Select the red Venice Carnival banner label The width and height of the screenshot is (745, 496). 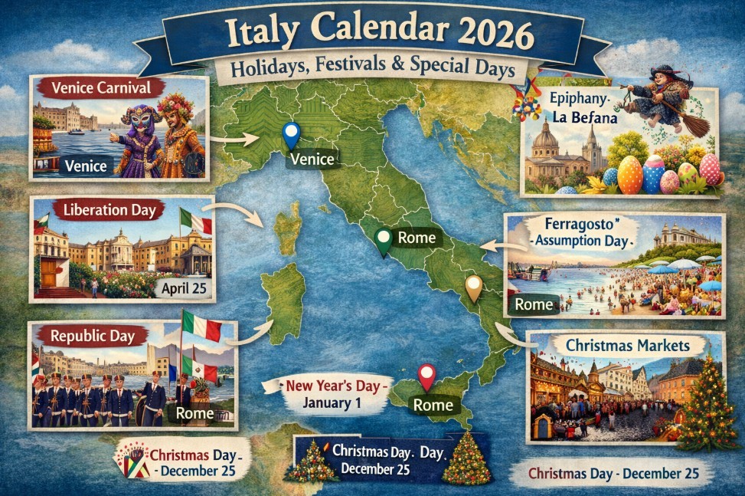pyautogui.click(x=96, y=87)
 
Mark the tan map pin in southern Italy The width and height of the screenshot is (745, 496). pyautogui.click(x=474, y=288)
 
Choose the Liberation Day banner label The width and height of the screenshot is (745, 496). pyautogui.click(x=100, y=210)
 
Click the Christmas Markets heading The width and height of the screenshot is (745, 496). pyautogui.click(x=627, y=345)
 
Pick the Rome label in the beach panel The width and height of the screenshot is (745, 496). pyautogui.click(x=534, y=304)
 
